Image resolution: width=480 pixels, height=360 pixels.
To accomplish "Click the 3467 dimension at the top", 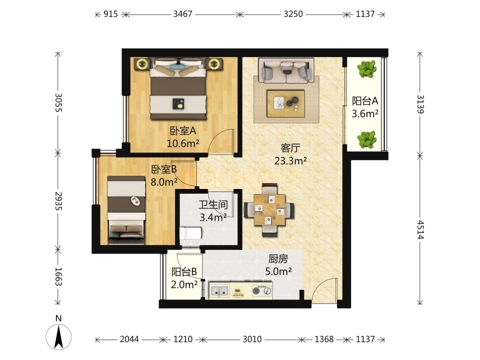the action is point(183,14).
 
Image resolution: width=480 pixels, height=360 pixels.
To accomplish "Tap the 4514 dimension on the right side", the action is point(420,229).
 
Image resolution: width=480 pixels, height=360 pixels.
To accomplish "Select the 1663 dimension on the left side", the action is point(58,276).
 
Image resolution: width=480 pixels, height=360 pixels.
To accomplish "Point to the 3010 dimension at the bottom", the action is point(252,339).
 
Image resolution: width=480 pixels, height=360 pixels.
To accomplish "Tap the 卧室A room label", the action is point(183,131).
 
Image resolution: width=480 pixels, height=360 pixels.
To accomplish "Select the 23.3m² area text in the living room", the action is point(290,160).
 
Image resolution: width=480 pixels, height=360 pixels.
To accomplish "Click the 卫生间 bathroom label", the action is point(213,204).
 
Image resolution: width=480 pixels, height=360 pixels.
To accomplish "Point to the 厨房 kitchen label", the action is point(278,259).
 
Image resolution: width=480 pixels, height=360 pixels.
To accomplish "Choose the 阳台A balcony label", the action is point(365,100).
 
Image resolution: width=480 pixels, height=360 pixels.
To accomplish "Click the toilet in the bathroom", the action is point(190,233).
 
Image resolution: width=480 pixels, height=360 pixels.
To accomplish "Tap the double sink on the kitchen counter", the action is point(219,291).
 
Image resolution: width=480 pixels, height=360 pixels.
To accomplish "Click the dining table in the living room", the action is point(269,209).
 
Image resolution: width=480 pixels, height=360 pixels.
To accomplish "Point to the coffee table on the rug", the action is point(285,103).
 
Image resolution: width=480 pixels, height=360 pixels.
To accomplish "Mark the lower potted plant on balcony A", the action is point(366,139).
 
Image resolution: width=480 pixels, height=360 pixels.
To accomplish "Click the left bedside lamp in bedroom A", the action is point(142,64).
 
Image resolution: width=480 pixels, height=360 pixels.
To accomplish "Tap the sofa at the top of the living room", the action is point(286,70).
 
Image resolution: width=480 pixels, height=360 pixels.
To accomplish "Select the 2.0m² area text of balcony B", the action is point(184,284).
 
